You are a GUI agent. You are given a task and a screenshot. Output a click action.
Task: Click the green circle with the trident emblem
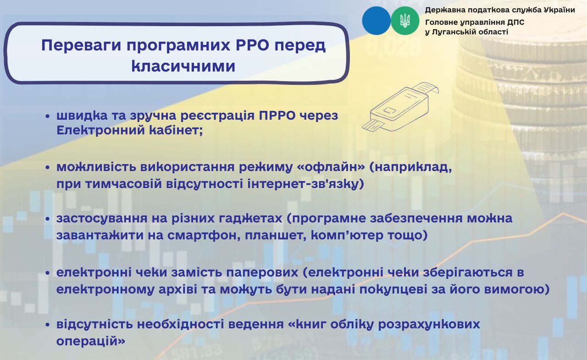pos(405,21)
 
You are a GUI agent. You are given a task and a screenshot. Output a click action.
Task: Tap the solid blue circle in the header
pos(377,21)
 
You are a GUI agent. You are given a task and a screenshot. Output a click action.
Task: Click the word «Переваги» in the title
pos(81,45)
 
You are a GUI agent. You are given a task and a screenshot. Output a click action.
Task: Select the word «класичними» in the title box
pos(183,66)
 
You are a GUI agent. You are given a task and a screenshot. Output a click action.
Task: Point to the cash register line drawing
pos(400,107)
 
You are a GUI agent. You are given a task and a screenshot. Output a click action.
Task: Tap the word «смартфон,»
pos(204,235)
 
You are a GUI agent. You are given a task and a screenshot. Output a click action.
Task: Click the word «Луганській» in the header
pos(449,32)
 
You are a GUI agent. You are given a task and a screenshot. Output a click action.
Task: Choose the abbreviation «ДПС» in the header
pos(516,22)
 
